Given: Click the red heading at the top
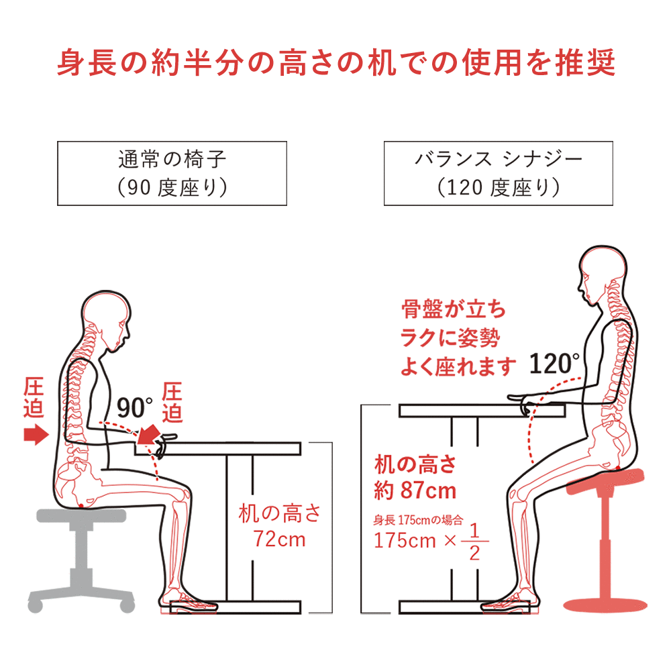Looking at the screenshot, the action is coord(336,63).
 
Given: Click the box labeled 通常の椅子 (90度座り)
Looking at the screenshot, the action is coord(172,173).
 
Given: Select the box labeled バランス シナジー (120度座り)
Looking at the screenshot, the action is coord(499,173).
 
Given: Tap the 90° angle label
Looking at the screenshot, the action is coord(134,408).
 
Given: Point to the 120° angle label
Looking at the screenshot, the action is coord(554,364).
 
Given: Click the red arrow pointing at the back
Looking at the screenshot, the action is coord(36,435).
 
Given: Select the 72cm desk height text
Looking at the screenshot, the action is coord(279,539).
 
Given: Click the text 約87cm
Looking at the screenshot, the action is coord(415,491).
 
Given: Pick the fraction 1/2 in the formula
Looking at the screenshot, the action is coord(474,541).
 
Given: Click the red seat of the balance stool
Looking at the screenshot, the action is coord(605,480).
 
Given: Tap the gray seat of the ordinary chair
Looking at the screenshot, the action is coord(81,515).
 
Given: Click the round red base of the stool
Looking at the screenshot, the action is coord(605,605).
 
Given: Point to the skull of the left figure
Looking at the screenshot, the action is coord(107,317).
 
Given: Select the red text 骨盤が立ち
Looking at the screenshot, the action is coord(454,309).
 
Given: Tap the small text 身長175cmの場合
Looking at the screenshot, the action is coord(418,520).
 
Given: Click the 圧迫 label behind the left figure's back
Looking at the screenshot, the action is coord(34,397).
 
